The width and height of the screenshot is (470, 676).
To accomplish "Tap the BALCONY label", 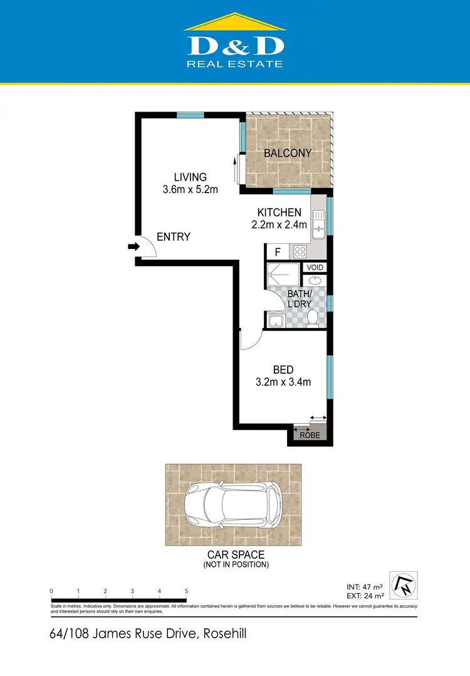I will pos(288,153).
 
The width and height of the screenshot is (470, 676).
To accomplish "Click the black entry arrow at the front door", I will pos(133,247).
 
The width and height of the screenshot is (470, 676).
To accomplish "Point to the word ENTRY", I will pos(174,237).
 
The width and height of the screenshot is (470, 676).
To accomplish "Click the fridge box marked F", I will pos(276,252).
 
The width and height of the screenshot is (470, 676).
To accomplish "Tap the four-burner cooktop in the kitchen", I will pos(300,252).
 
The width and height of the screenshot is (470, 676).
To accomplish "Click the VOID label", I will pos(315,267).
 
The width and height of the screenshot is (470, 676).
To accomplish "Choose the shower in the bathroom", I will pos(283,275).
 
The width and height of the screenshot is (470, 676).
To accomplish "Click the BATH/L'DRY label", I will pos(300,298).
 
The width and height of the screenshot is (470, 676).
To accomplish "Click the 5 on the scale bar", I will pos(186,591).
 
